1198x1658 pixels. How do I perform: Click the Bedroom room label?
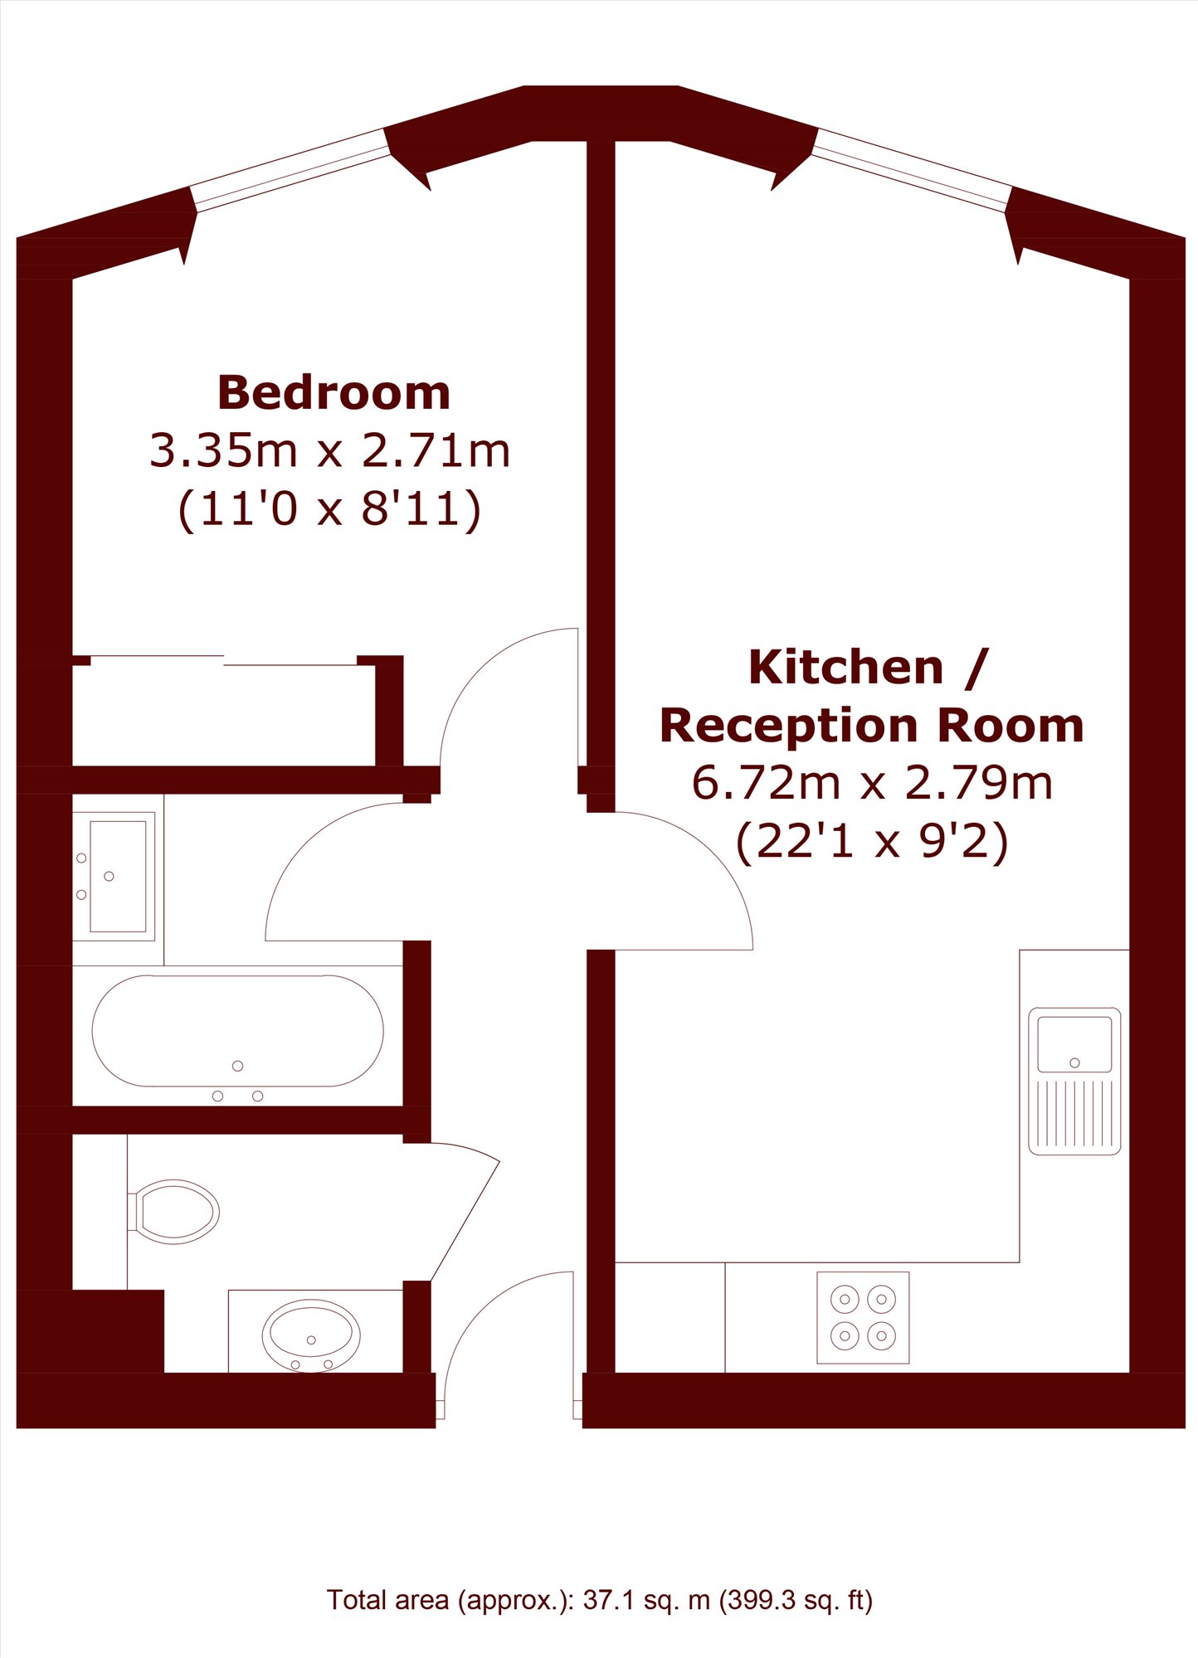click(x=334, y=392)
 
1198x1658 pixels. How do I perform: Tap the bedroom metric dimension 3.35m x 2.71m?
click(x=329, y=450)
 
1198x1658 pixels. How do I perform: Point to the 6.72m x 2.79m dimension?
click(x=872, y=782)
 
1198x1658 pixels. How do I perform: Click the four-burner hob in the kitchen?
click(x=863, y=1318)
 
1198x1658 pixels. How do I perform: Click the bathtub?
click(x=237, y=1031)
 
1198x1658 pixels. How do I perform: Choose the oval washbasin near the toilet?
click(x=311, y=1335)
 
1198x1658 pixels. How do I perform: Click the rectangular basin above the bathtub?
click(x=117, y=876)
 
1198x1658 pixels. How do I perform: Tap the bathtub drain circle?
click(x=238, y=1066)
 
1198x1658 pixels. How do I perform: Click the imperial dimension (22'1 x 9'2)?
click(x=872, y=841)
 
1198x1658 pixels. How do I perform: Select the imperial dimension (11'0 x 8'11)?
click(x=329, y=508)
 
